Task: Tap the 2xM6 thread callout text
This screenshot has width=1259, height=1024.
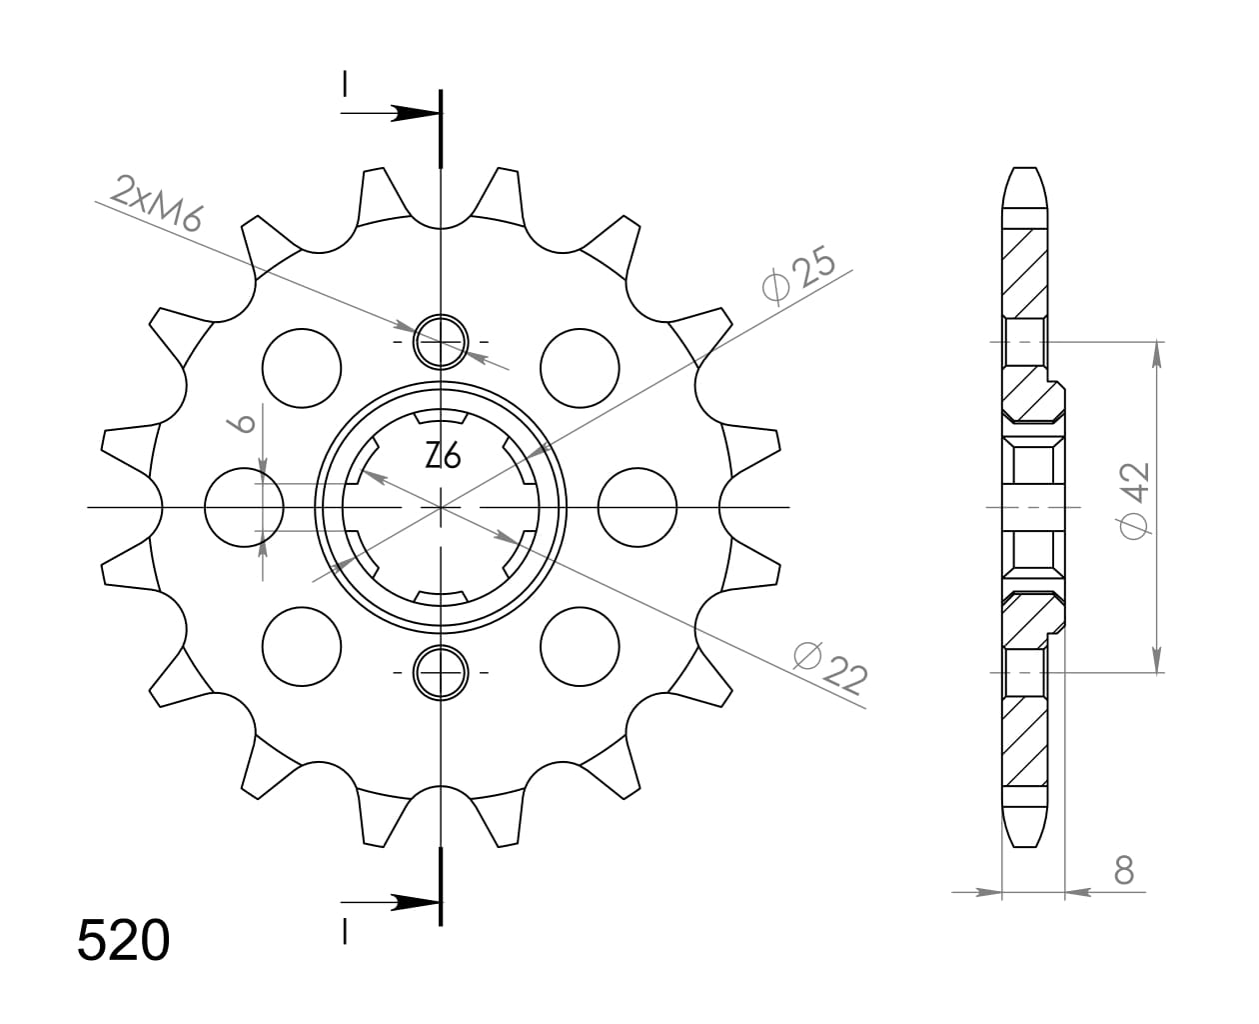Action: [158, 203]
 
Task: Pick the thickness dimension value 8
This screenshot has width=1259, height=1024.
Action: [1124, 871]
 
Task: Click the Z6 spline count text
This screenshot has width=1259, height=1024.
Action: [442, 457]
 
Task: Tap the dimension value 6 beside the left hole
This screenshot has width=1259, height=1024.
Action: [243, 423]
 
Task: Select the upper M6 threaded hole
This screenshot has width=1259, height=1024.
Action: [441, 342]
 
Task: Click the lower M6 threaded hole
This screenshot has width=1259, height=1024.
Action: [441, 672]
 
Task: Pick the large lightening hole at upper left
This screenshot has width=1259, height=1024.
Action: [301, 367]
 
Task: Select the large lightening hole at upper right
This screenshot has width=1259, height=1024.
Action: [580, 367]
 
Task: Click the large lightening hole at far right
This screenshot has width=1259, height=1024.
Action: [637, 507]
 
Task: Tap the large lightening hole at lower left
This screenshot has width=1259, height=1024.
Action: [301, 646]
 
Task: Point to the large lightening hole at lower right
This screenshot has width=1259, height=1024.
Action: [580, 646]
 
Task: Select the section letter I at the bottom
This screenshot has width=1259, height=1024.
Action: [345, 932]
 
